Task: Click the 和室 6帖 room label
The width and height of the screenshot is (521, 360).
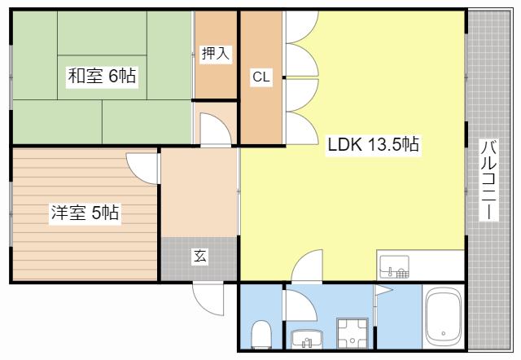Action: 102,76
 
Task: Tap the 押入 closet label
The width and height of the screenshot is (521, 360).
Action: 216,53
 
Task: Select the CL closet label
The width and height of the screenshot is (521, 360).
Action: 261,77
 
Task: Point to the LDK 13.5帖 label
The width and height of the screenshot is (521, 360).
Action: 373,145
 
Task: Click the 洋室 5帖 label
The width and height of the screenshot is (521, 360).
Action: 85,213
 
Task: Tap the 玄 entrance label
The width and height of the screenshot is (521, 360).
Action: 200,256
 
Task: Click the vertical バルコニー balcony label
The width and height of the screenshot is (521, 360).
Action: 489,180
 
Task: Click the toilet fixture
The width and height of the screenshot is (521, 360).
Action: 261,334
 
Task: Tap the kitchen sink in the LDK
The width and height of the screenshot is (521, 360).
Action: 394,267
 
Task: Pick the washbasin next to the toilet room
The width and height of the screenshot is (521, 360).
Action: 307,339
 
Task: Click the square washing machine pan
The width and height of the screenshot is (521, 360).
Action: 352,333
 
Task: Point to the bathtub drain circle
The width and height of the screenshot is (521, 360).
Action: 443,333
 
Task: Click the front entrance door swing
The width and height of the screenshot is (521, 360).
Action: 208,298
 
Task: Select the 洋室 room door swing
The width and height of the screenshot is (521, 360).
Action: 141,169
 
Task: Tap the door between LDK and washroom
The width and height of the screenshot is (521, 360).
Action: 307,266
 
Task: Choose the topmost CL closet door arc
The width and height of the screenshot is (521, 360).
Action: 302,27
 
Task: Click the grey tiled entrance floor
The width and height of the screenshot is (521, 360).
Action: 199,259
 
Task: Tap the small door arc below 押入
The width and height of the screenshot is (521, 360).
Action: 215,130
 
